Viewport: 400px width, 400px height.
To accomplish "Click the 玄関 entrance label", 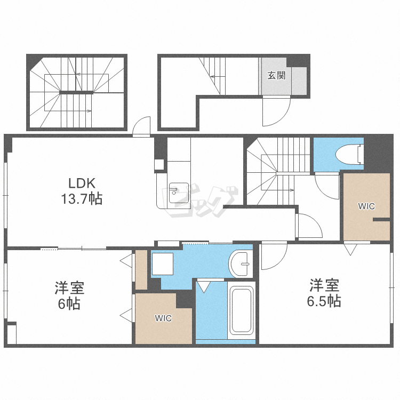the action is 276,75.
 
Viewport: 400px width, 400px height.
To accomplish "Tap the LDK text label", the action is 82,183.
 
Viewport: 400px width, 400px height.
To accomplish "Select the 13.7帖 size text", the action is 82,199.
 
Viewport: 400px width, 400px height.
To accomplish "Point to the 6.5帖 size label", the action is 324,301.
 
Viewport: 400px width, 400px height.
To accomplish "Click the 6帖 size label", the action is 69,303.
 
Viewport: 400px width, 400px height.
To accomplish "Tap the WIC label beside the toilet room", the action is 366,206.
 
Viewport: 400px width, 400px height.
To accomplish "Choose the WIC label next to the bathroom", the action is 163,318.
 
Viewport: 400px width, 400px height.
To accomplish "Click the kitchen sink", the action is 179,193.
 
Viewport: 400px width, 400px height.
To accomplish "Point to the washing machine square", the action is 163,264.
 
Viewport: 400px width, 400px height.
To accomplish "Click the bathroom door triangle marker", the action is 204,287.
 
